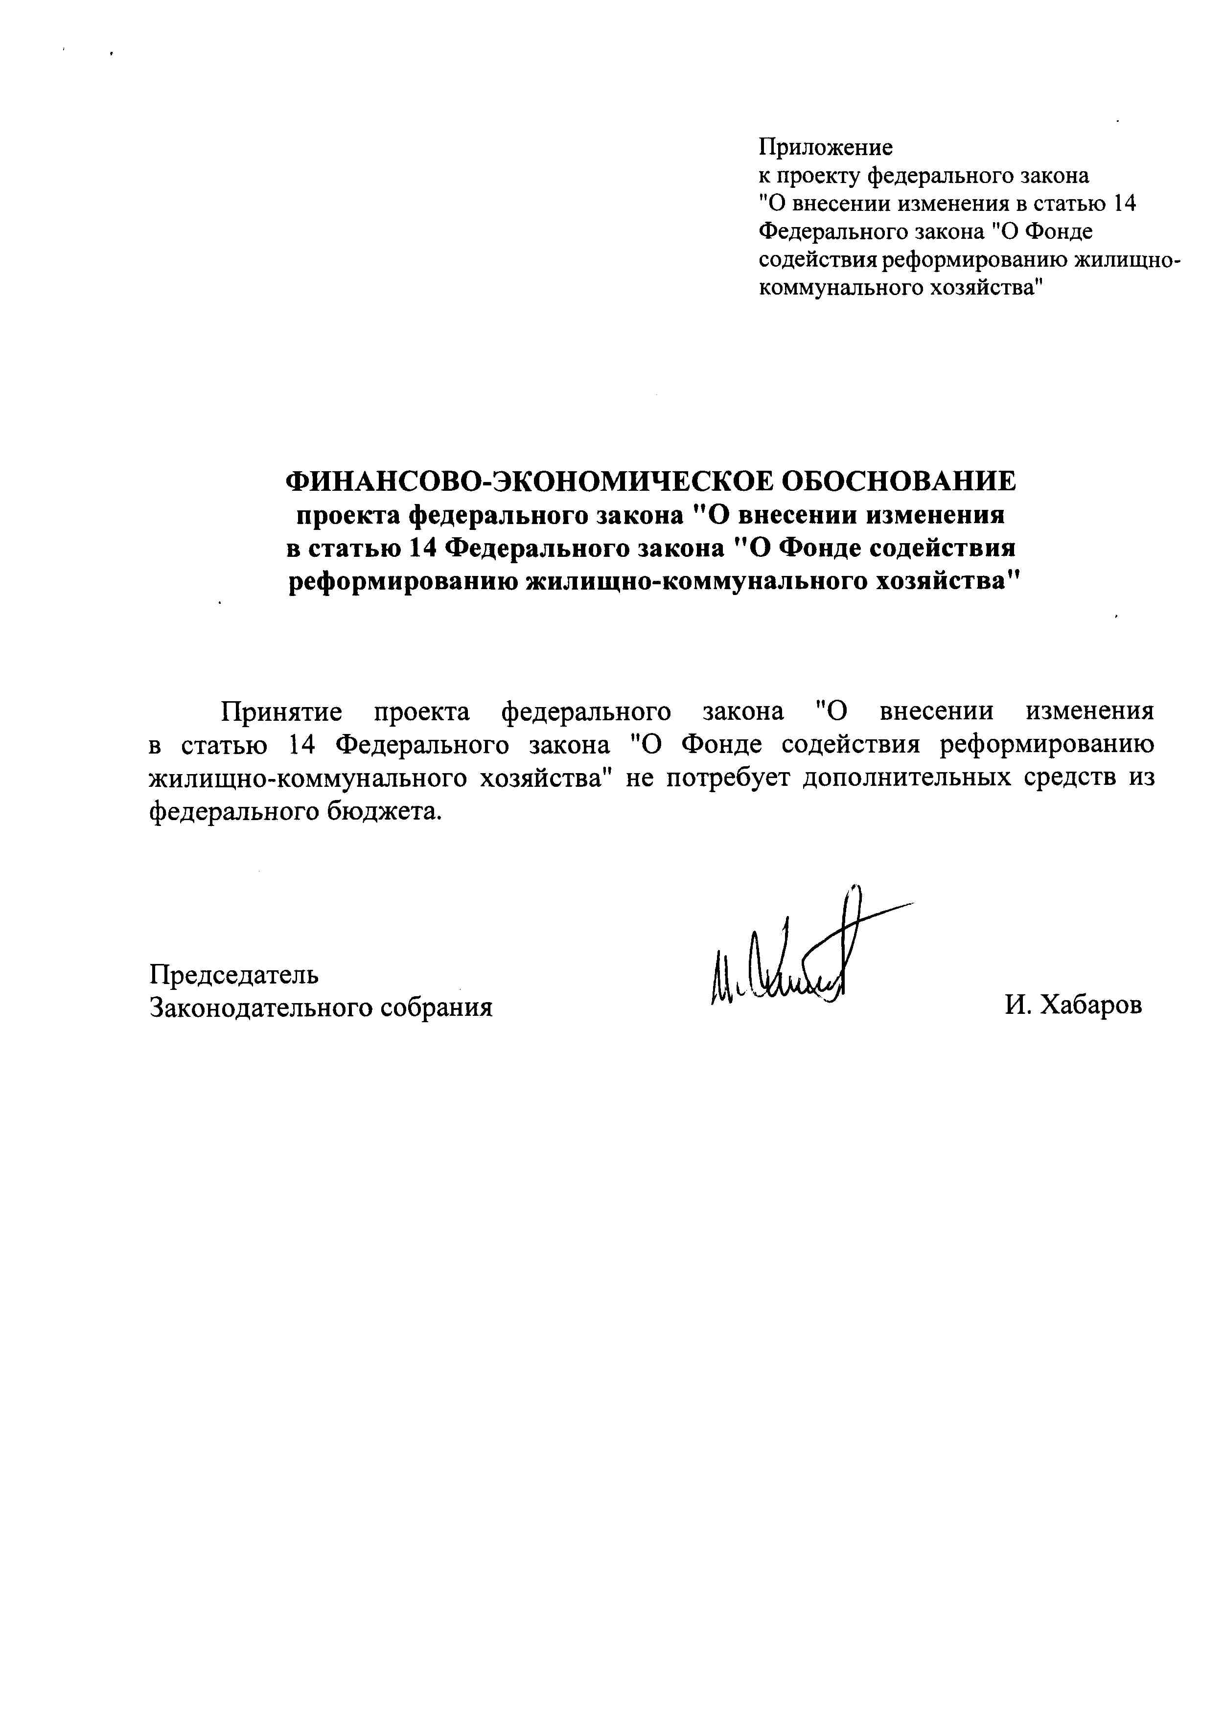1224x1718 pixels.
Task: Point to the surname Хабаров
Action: tap(1090, 1005)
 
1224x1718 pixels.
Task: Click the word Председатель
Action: tap(233, 974)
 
